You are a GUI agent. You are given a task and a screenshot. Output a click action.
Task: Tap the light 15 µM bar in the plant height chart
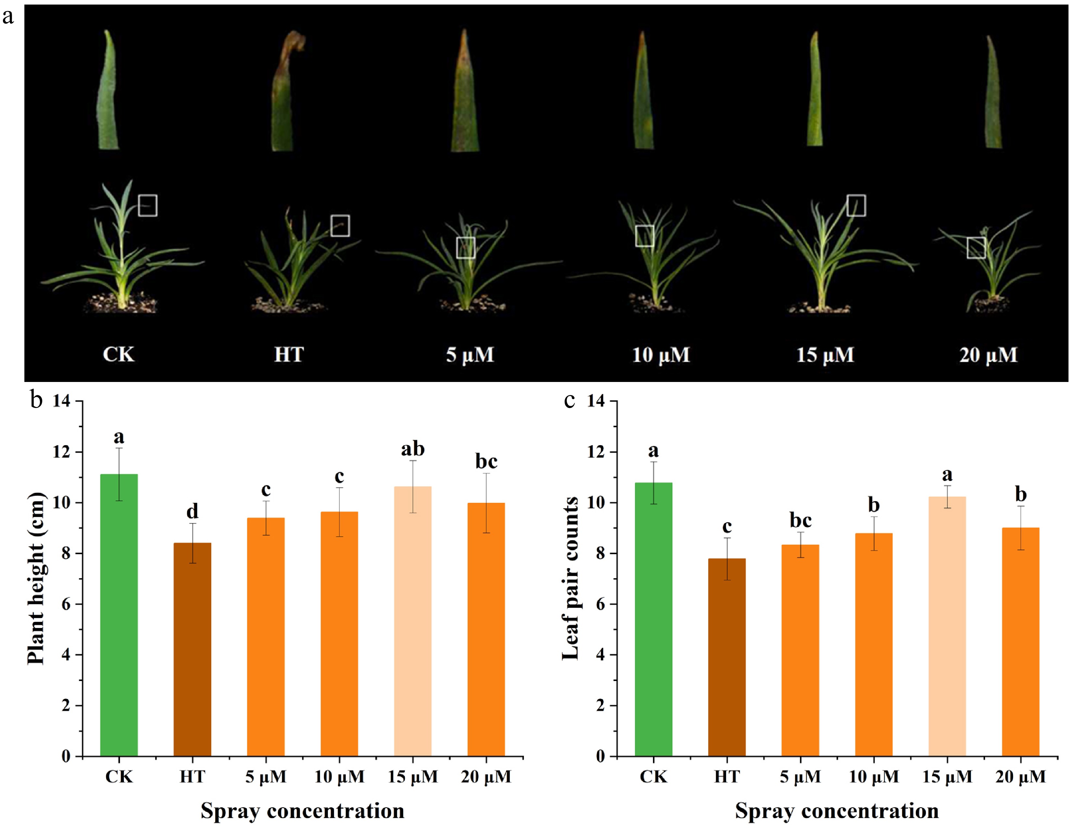tap(413, 621)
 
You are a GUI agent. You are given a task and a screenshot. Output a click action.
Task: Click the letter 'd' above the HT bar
tap(192, 511)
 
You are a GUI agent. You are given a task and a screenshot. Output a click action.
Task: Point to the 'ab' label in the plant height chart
tap(413, 449)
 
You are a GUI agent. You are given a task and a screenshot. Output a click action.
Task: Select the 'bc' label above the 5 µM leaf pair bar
tap(800, 520)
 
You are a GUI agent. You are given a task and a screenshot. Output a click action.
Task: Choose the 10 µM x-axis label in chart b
tap(339, 777)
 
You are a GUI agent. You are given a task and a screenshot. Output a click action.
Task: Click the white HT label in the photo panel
tap(289, 355)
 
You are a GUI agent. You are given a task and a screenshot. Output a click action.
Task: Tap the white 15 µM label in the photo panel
tap(825, 355)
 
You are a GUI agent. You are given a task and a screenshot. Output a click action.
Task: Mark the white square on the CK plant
tap(148, 205)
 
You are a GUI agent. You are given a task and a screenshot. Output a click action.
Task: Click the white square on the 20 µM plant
tap(976, 248)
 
